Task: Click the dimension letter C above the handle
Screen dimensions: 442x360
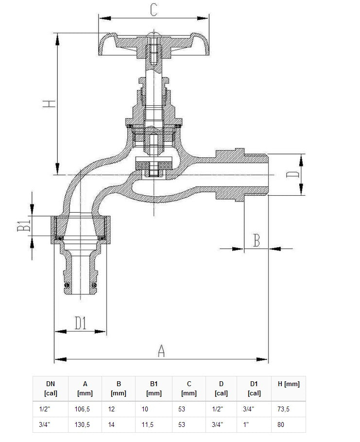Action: pos(154,9)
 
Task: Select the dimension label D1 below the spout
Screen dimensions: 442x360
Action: pos(80,323)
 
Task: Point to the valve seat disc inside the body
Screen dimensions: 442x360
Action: pos(154,165)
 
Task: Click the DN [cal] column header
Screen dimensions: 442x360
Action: pos(51,388)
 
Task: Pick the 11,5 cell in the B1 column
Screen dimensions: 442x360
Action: pos(148,425)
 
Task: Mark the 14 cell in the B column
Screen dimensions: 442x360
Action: pos(112,425)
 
